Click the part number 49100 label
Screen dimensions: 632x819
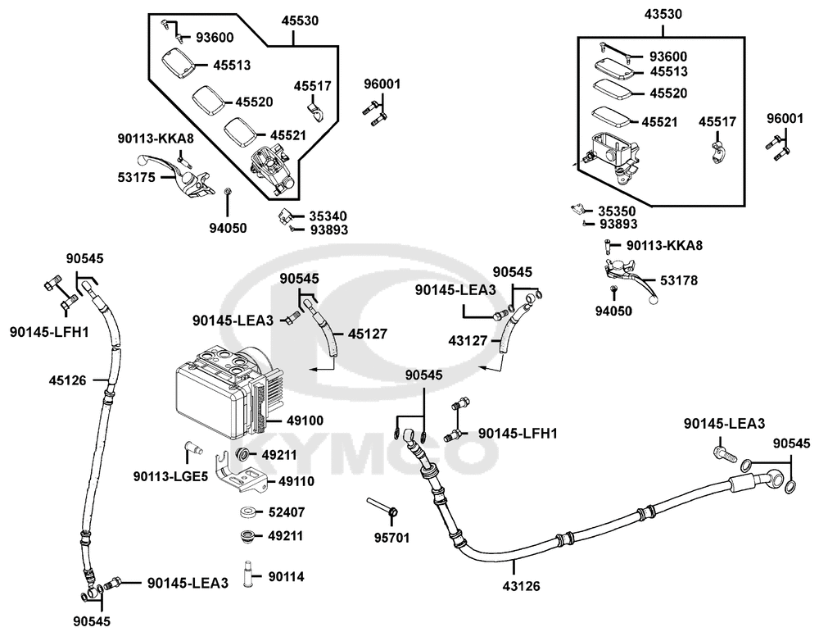coord(305,421)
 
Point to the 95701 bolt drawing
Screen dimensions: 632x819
coord(383,507)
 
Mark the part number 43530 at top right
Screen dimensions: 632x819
coord(663,14)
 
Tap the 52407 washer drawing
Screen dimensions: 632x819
coord(245,512)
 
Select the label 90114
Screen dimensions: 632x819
coord(286,576)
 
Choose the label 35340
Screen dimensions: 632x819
coord(328,216)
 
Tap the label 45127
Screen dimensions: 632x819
coord(368,334)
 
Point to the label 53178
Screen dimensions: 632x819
coord(679,281)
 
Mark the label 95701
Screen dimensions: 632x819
coord(393,538)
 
